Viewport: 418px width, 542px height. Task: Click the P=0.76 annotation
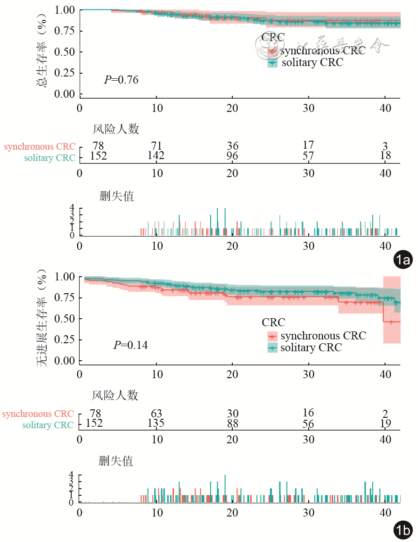pyautogui.click(x=121, y=79)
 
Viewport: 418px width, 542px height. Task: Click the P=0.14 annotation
pyautogui.click(x=131, y=345)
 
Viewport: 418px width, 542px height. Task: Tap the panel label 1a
pyautogui.click(x=403, y=259)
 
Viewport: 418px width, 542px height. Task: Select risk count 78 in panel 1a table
pyautogui.click(x=98, y=145)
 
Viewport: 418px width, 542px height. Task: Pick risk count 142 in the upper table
pyautogui.click(x=156, y=156)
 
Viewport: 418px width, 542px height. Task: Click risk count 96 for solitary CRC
pyautogui.click(x=232, y=156)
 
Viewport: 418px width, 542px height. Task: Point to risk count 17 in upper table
pyautogui.click(x=308, y=145)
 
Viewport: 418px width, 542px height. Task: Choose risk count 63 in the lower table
pyautogui.click(x=156, y=414)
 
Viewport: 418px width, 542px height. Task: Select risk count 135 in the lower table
pyautogui.click(x=156, y=423)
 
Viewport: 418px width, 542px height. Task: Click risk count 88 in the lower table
pyautogui.click(x=232, y=424)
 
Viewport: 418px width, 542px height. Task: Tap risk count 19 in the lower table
pyautogui.click(x=385, y=424)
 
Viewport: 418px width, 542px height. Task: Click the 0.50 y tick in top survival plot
pyautogui.click(x=65, y=51)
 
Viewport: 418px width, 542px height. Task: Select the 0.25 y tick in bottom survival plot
pyautogui.click(x=65, y=339)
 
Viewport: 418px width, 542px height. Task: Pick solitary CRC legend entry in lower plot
pyautogui.click(x=311, y=348)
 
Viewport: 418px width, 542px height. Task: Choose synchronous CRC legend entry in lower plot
pyautogui.click(x=323, y=336)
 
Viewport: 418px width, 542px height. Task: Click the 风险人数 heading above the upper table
pyautogui.click(x=115, y=128)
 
